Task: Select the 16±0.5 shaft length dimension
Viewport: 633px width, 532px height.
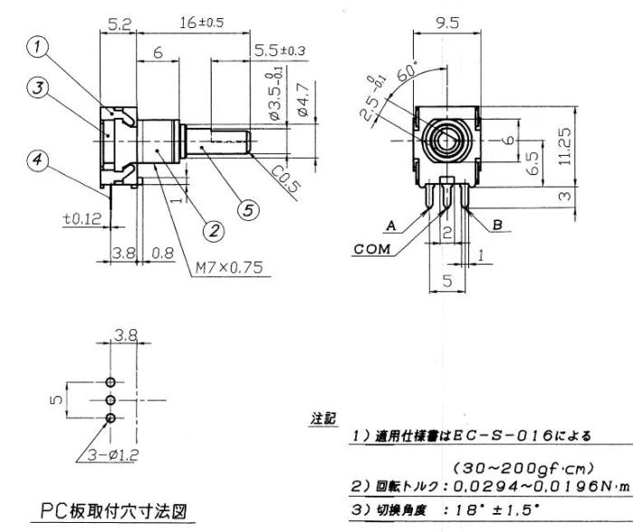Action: point(186,21)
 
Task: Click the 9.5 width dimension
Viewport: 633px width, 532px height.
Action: point(444,21)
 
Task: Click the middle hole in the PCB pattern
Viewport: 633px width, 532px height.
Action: point(110,400)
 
